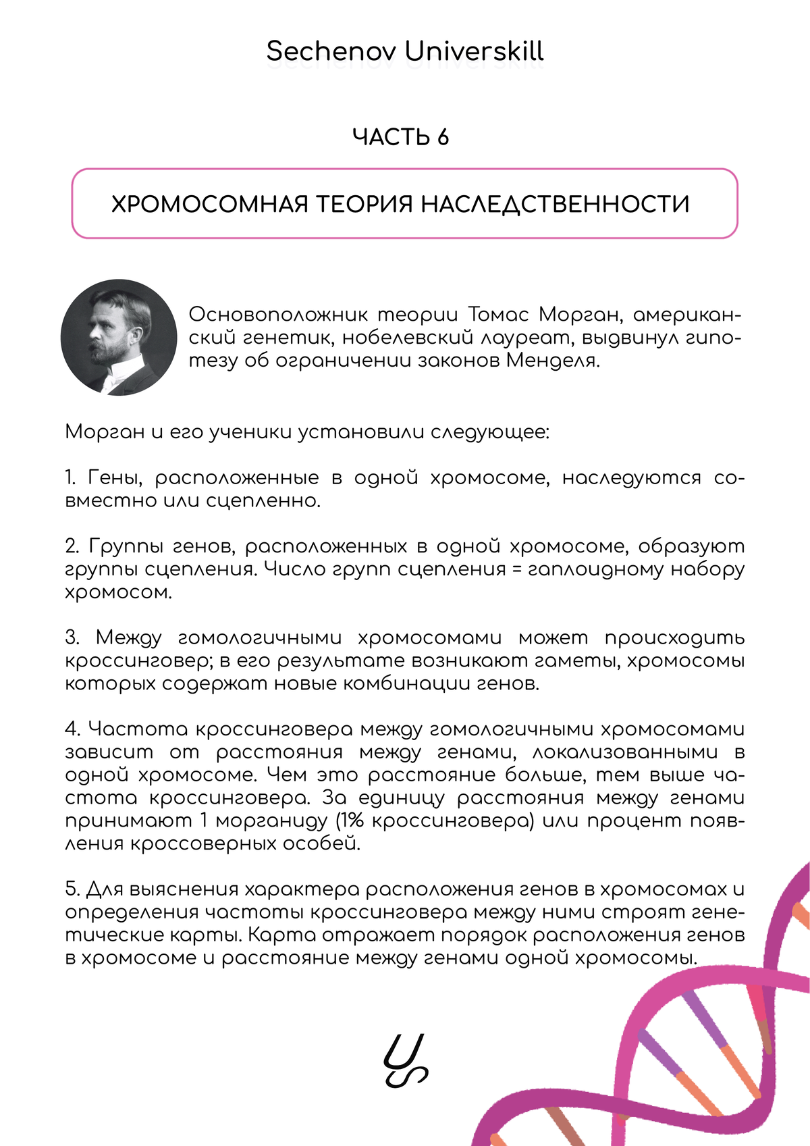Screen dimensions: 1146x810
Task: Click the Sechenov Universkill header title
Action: point(405,51)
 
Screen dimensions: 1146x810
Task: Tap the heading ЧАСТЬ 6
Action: point(400,137)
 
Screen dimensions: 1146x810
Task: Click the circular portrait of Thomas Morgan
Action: point(119,337)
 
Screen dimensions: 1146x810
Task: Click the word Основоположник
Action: point(278,315)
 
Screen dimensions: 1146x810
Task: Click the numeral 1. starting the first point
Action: point(71,478)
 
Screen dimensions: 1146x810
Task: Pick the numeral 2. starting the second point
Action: point(72,546)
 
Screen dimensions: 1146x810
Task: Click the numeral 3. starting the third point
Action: point(72,637)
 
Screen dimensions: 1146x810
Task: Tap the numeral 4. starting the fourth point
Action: point(73,729)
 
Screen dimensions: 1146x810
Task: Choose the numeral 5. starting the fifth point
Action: point(72,889)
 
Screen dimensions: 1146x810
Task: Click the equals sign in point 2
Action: point(517,569)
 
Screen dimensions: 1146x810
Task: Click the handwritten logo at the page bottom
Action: point(406,1060)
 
